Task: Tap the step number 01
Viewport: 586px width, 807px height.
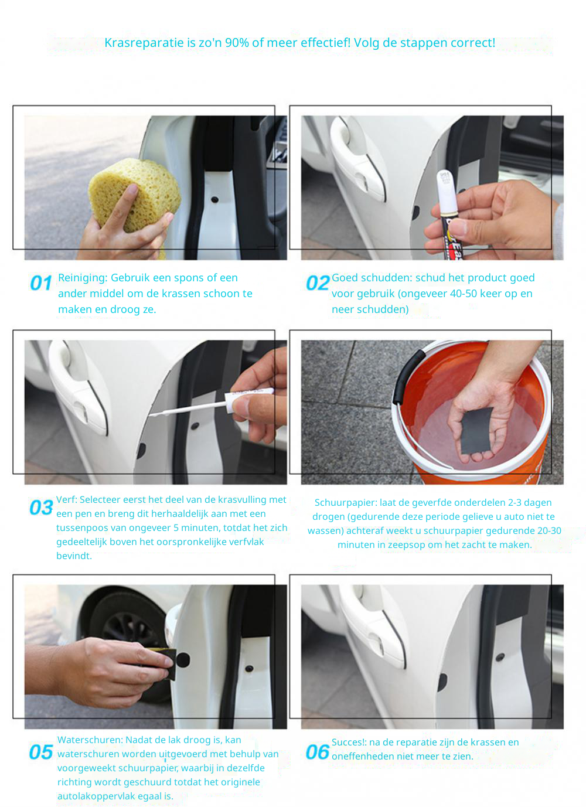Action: pos(40,283)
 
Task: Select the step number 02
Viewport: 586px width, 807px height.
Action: pos(317,283)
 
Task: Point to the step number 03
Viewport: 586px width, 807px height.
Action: pos(41,508)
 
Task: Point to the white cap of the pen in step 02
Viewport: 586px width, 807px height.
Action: pos(447,193)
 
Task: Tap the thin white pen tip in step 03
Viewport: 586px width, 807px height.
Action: pos(188,409)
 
